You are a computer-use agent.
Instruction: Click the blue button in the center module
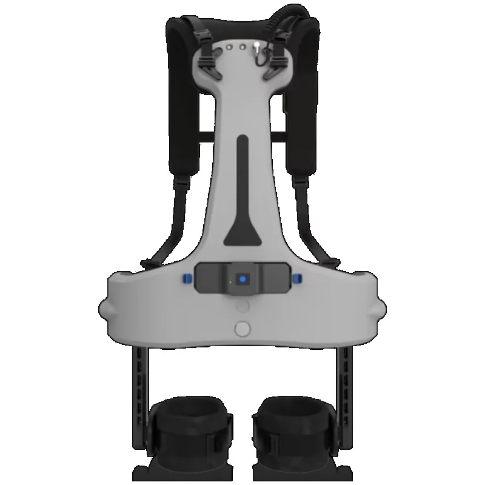click(x=242, y=279)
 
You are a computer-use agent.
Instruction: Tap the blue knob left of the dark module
click(x=186, y=278)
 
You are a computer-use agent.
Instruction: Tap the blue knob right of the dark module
click(x=298, y=278)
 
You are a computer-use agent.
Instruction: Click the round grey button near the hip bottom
click(x=242, y=328)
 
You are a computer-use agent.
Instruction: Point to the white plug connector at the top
click(x=257, y=47)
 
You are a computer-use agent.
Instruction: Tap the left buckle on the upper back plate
click(x=209, y=61)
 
